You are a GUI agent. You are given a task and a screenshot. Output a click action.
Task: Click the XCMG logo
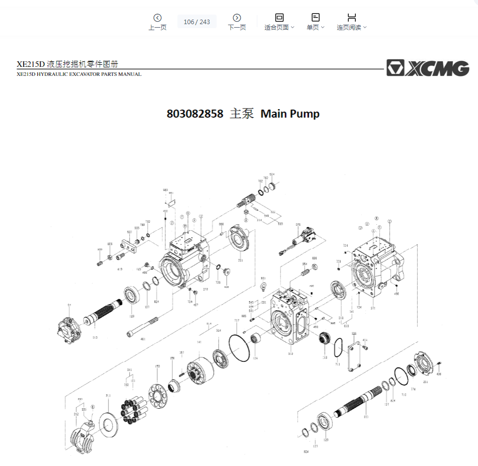(427, 68)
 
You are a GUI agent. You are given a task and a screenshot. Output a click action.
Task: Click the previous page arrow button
(157, 18)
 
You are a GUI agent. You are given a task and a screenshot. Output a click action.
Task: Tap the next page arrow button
(237, 18)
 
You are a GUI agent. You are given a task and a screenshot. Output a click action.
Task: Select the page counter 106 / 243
(197, 22)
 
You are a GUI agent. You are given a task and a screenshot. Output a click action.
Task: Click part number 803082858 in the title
(195, 114)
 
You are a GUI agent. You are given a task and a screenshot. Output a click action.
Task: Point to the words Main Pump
(290, 114)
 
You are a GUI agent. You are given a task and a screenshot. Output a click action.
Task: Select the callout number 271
(373, 308)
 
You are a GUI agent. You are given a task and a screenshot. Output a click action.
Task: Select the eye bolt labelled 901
(262, 288)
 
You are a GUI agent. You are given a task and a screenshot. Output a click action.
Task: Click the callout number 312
(291, 354)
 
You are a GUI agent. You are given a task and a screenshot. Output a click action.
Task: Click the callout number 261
(426, 382)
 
